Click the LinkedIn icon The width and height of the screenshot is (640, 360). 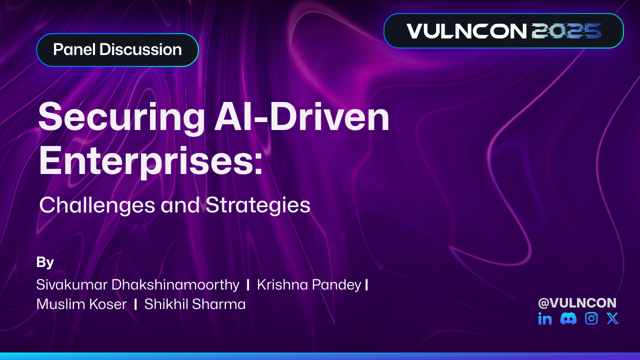[x=545, y=318]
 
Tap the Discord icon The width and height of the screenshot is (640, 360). [x=568, y=318]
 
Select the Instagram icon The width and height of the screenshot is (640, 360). [x=591, y=318]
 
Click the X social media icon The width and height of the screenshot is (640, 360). [x=612, y=318]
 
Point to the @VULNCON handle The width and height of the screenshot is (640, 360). [x=577, y=302]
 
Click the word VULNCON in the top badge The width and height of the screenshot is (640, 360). [x=466, y=31]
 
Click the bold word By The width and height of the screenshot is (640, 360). [x=45, y=262]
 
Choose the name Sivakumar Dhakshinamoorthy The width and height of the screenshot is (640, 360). [x=137, y=285]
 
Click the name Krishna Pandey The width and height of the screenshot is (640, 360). [x=308, y=284]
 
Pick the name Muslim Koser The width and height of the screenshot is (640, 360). [x=81, y=304]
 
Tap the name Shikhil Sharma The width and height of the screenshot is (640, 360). [x=195, y=304]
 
